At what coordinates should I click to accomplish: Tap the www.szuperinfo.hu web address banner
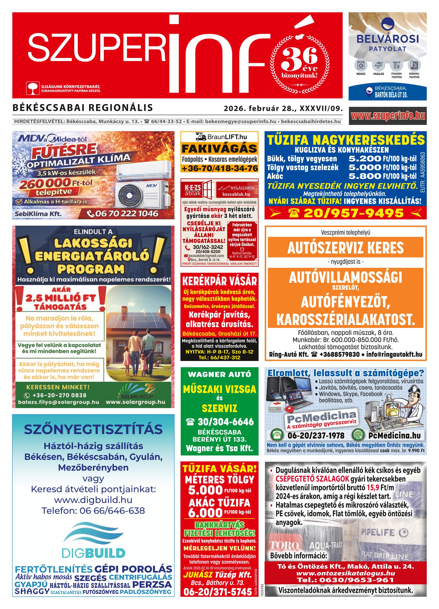[387, 116]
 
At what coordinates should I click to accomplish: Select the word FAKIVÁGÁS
[219, 148]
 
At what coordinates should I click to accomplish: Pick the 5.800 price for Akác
[365, 176]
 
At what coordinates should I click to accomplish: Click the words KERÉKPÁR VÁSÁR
[219, 281]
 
